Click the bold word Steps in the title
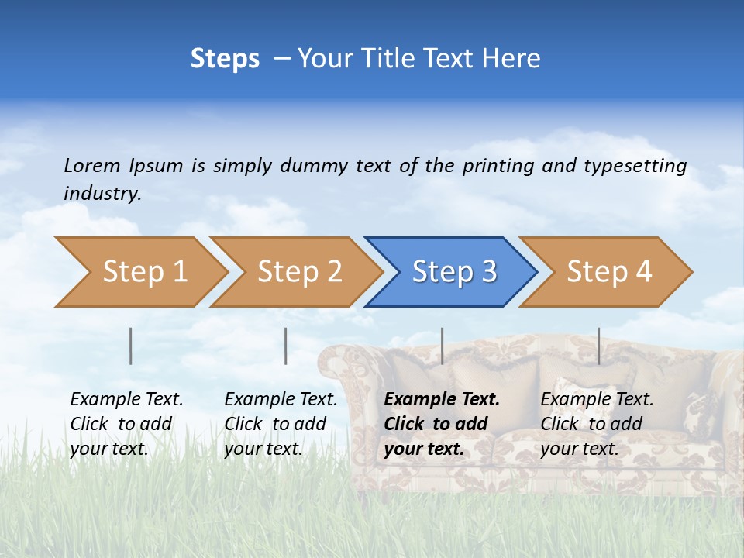(x=225, y=59)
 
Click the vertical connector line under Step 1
(x=131, y=346)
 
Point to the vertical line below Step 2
(x=286, y=346)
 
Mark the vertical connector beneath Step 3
(x=442, y=346)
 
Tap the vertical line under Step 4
(x=598, y=346)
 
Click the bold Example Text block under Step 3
(x=442, y=424)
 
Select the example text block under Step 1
(x=126, y=424)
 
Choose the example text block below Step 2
(x=281, y=424)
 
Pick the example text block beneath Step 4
(x=597, y=424)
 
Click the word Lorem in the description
(x=92, y=166)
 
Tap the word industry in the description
(x=102, y=194)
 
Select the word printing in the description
(x=498, y=166)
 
